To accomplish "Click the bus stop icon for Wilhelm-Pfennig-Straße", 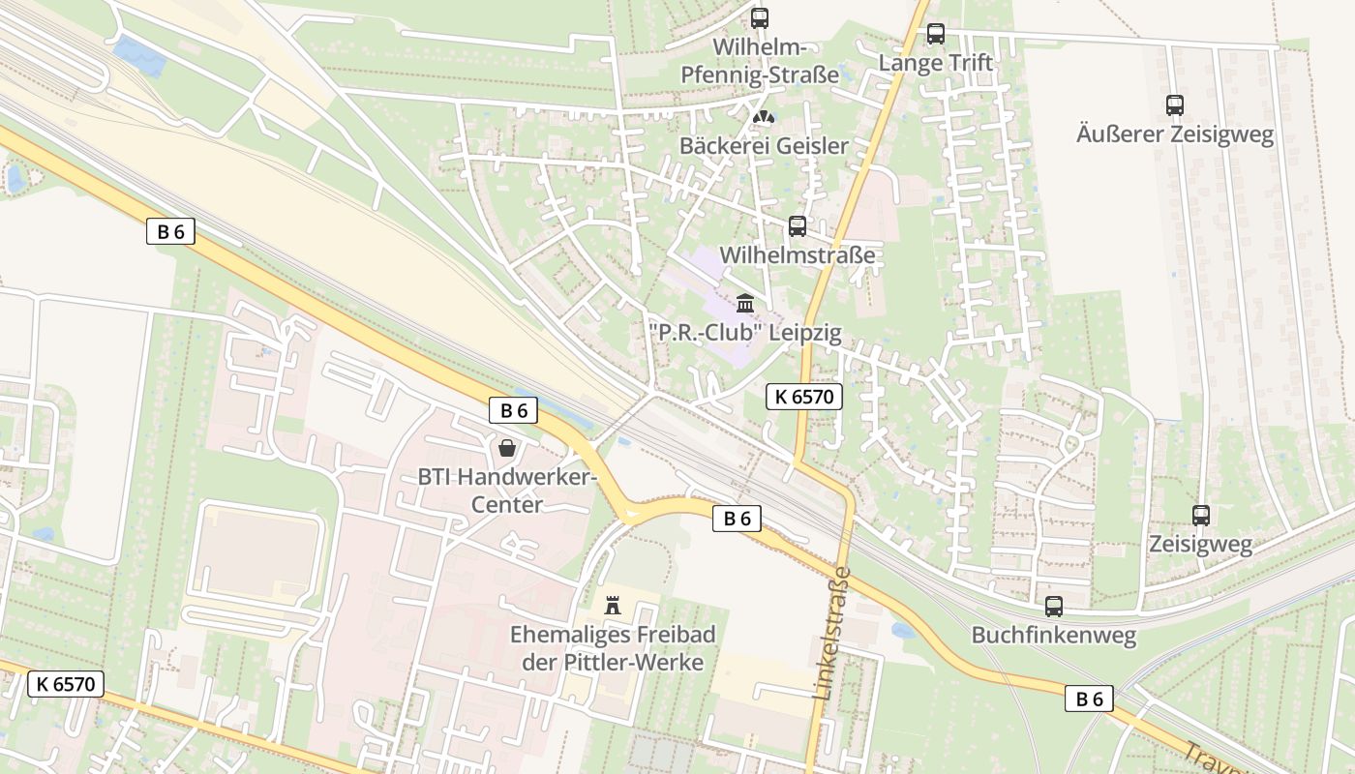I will (760, 17).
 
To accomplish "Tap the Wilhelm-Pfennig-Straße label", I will (760, 61).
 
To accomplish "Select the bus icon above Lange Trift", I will (935, 34).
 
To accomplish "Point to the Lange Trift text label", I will (935, 63).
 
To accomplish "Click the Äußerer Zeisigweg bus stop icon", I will (1174, 105).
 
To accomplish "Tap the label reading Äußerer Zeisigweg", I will (1174, 134).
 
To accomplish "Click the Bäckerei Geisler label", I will (764, 146).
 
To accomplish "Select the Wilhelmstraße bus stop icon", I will (797, 226).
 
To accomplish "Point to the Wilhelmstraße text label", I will (798, 255).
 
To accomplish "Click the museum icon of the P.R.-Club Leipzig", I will (744, 304).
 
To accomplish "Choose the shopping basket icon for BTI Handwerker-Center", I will (506, 448).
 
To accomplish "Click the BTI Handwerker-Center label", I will (506, 491).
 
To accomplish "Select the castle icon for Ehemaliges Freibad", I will (612, 606).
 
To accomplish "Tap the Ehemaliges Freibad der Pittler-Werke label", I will (612, 649).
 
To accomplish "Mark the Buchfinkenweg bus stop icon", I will (1053, 607).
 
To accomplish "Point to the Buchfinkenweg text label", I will (1053, 636).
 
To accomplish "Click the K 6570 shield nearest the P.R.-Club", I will (804, 396).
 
